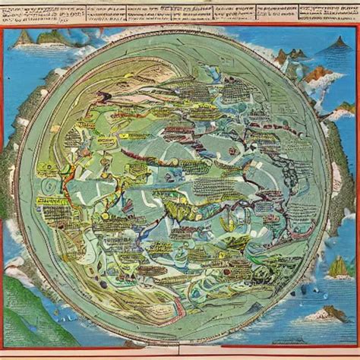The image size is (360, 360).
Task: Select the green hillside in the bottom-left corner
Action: point(23,304)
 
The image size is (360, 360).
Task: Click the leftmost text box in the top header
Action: point(42,12)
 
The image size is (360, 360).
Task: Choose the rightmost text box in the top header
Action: point(328,11)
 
